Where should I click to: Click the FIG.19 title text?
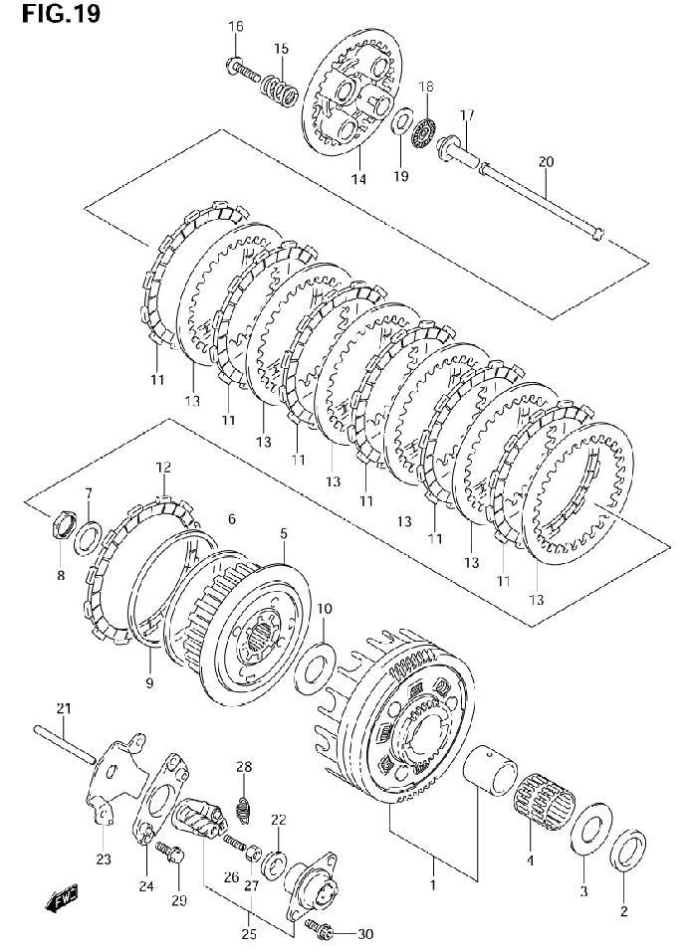(61, 13)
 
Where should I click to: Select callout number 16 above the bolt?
(236, 26)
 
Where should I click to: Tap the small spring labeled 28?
(243, 808)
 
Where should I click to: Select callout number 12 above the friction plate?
(163, 468)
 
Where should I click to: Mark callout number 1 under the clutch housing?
(433, 885)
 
